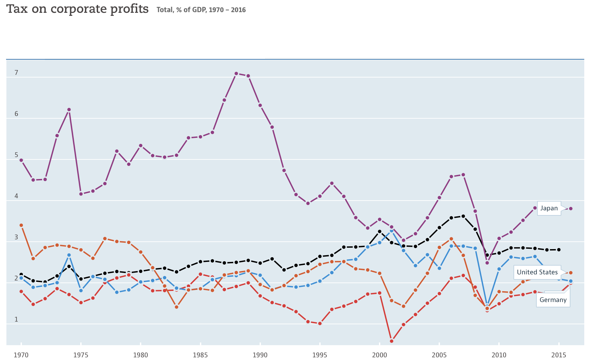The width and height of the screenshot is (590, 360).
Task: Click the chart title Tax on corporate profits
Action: (78, 9)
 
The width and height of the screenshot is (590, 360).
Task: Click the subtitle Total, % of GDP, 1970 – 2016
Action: (201, 10)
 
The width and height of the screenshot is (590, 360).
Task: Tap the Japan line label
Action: (549, 208)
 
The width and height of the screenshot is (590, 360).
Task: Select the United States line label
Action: (537, 272)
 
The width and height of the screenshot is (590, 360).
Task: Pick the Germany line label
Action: (553, 300)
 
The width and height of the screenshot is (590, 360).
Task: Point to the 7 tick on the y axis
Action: (16, 73)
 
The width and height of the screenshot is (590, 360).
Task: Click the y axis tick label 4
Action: (16, 196)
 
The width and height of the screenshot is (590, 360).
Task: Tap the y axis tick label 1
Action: (16, 320)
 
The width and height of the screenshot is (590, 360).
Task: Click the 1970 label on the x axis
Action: (21, 355)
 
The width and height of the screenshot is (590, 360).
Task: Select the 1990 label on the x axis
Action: (260, 355)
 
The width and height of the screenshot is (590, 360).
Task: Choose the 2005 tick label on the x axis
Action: (439, 355)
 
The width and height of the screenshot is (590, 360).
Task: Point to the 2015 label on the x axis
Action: (559, 355)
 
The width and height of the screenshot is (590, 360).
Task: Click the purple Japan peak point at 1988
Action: (236, 73)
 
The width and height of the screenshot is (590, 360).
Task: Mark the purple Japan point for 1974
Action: (69, 110)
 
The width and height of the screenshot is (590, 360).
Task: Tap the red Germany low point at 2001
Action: (391, 341)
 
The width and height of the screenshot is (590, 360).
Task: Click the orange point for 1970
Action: (21, 225)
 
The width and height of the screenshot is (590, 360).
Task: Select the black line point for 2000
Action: (379, 232)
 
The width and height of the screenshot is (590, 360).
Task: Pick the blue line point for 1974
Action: (69, 255)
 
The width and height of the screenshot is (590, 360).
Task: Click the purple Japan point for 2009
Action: (487, 263)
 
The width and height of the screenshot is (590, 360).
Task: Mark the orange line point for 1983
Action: (176, 307)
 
